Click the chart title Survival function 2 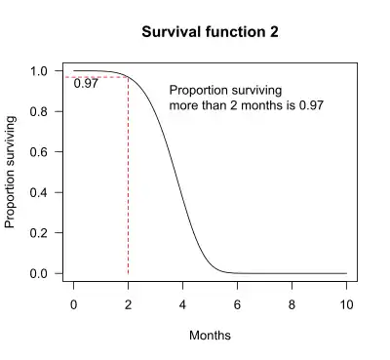[x=210, y=31]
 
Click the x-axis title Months [x=210, y=335]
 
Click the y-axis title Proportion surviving [x=11, y=172]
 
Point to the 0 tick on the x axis [x=73, y=303]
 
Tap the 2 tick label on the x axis [x=128, y=303]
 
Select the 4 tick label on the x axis [x=182, y=303]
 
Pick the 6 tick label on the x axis [x=237, y=303]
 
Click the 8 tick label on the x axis [x=292, y=303]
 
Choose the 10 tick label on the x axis [x=345, y=303]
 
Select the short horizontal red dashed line [x=97, y=76]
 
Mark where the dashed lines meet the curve [x=128, y=76]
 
